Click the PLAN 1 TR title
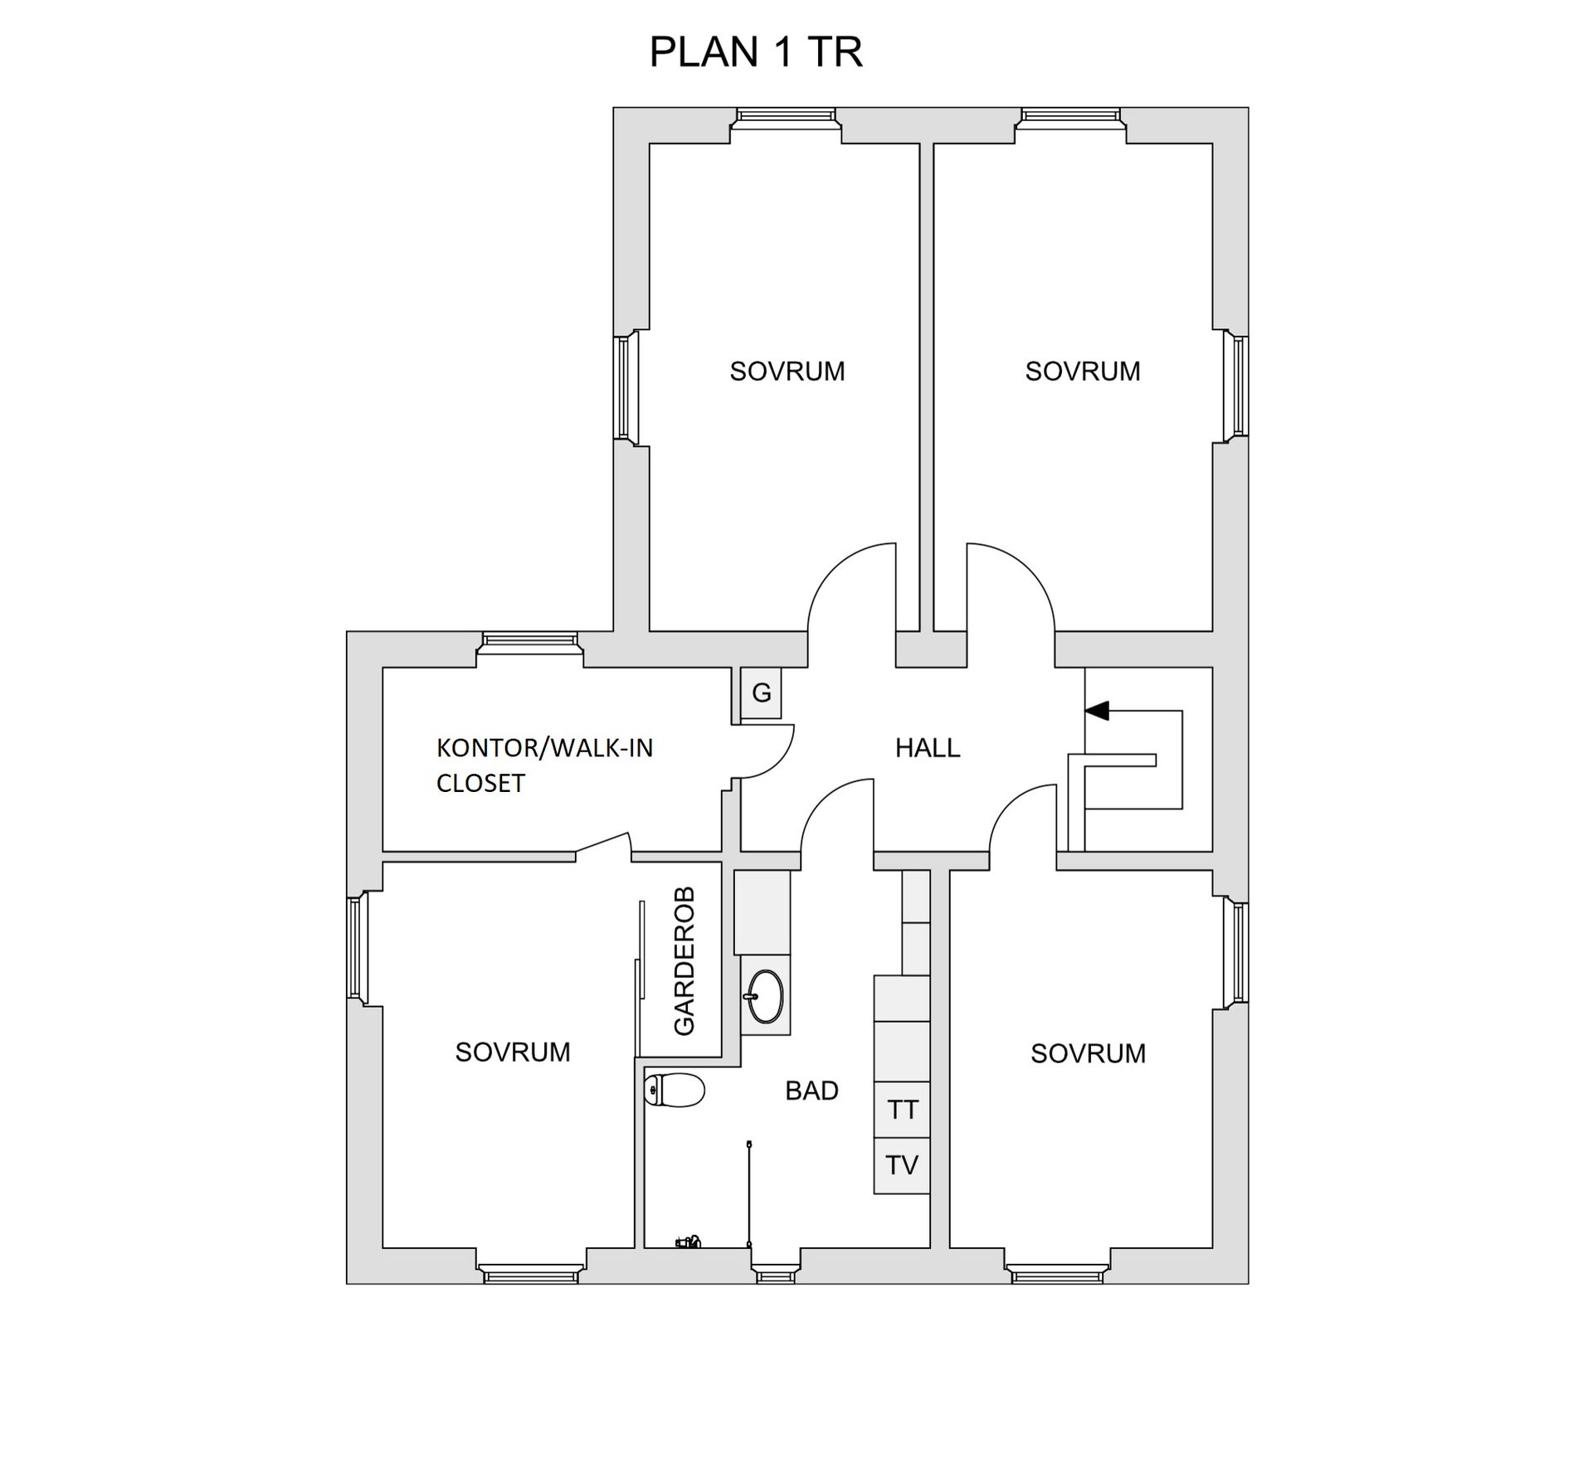[x=755, y=52]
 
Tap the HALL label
[x=927, y=748]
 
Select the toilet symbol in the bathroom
[x=675, y=1091]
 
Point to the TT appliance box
[x=902, y=1110]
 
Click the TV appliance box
[x=902, y=1165]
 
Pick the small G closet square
[x=761, y=693]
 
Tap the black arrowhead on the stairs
[x=1097, y=711]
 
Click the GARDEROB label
[x=684, y=962]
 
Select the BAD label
[x=811, y=1091]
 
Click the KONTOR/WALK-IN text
[x=544, y=748]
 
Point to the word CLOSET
[x=480, y=784]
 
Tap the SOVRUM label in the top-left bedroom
[x=787, y=372]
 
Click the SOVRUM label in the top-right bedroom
[x=1082, y=372]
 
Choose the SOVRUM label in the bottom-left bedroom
[x=513, y=1052]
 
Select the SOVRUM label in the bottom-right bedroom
[x=1088, y=1054]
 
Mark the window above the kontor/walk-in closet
[x=530, y=639]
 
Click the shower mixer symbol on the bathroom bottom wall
[x=688, y=1242]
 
